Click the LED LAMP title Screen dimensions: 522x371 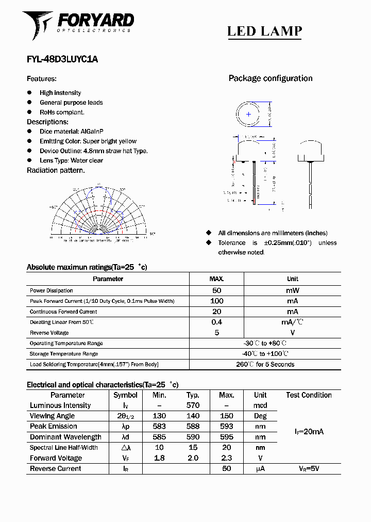tap(264, 31)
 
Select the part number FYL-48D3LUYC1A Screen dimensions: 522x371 tap(62, 59)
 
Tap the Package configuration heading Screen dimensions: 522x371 tap(271, 78)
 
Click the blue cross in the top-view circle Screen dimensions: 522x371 tap(249, 115)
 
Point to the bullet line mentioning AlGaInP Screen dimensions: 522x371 tap(66, 132)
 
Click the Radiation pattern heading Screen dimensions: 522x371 tap(56, 170)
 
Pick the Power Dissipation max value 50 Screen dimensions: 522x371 tap(216, 290)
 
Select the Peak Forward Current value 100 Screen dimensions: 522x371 tap(216, 301)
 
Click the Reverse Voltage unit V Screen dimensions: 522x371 tap(292, 333)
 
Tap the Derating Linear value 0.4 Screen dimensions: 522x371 tap(216, 322)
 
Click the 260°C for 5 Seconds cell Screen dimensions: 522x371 tap(265, 364)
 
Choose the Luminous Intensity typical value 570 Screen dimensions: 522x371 tap(193, 405)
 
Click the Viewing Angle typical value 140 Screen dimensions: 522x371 tap(193, 416)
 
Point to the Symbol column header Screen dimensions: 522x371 tap(125, 395)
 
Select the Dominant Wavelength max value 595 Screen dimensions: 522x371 tap(226, 437)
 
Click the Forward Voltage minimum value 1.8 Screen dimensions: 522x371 tap(159, 458)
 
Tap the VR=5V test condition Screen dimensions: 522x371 tap(309, 469)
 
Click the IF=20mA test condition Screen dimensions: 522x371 tap(309, 432)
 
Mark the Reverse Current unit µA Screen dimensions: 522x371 tap(260, 469)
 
